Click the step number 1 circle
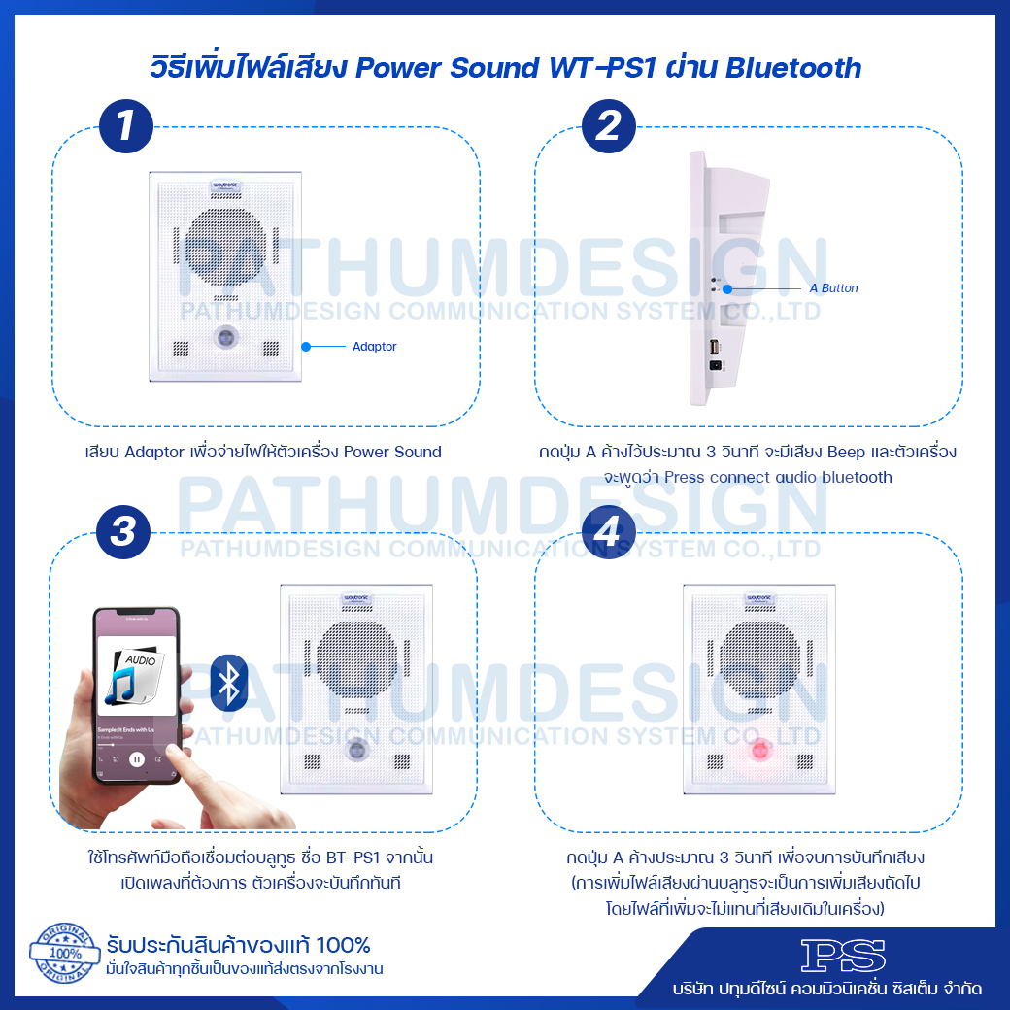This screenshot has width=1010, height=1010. click(x=126, y=127)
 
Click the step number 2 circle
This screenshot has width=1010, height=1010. click(x=608, y=127)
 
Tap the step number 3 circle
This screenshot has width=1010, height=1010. click(x=123, y=531)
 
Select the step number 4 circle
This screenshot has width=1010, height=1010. click(x=608, y=531)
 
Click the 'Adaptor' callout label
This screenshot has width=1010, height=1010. click(x=374, y=347)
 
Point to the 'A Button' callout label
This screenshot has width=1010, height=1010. click(x=833, y=288)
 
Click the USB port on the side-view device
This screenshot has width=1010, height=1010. click(x=713, y=347)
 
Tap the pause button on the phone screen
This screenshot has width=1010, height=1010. click(x=138, y=758)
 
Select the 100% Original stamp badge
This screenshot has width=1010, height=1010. click(x=65, y=954)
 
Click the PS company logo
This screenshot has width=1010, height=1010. click(x=843, y=956)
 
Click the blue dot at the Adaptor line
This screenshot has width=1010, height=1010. click(x=305, y=346)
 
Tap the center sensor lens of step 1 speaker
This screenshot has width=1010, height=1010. click(x=224, y=337)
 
